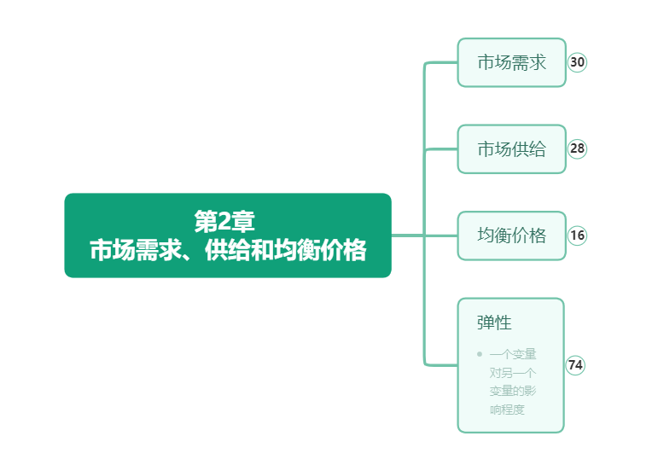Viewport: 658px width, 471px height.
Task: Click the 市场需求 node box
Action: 511,62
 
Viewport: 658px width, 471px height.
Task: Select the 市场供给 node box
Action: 511,148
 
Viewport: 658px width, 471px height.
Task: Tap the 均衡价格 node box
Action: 511,235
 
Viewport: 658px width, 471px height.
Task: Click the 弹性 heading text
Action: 494,323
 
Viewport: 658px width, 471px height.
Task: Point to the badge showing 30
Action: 577,62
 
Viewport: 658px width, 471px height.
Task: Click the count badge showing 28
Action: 577,148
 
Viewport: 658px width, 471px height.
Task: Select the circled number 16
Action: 577,235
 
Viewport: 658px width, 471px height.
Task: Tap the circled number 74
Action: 575,365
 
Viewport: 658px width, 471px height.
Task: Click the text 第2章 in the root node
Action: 224,221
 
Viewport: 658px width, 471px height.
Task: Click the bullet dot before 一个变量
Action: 480,354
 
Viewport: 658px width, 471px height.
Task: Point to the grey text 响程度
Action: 507,410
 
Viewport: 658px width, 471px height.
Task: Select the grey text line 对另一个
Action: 513,372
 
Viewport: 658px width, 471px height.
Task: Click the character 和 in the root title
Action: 262,250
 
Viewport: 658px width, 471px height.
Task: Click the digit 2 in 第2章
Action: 225,222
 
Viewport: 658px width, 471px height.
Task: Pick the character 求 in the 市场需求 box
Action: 538,62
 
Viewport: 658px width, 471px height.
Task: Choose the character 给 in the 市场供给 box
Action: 538,148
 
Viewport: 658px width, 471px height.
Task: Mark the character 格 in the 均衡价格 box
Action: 538,235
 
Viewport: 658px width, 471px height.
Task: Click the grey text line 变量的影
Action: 513,391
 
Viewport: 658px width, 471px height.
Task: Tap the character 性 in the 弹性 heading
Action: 504,323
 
